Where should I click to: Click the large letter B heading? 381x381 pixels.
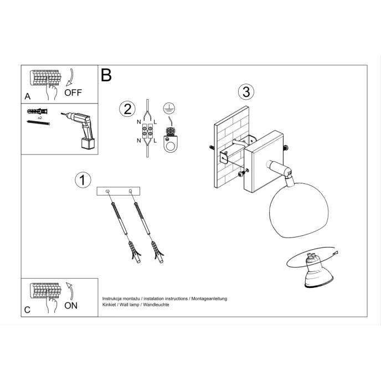point(106,75)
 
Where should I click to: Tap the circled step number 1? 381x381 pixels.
point(82,180)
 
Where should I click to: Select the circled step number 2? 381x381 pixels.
point(127,109)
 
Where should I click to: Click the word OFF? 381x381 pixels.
point(73,92)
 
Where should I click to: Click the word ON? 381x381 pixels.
point(71,305)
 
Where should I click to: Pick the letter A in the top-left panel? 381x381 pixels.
point(28,96)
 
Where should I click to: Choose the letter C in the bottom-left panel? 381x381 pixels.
point(27,310)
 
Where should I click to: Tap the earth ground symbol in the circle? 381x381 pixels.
point(169,109)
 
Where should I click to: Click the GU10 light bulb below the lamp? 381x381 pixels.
point(317,271)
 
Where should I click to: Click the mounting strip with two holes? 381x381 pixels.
point(119,191)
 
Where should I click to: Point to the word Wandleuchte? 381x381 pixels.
point(156,305)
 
